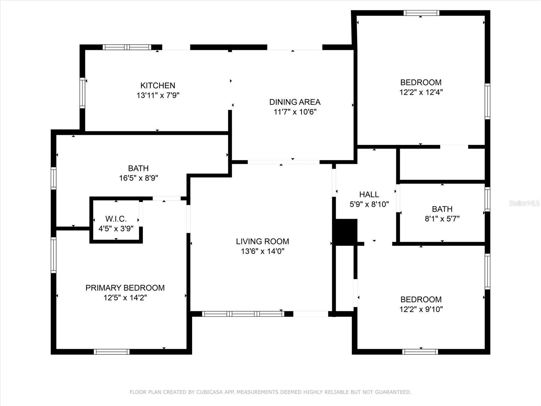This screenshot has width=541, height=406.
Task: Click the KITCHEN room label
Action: tap(158, 86)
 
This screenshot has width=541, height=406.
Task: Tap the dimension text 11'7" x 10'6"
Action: tap(295, 112)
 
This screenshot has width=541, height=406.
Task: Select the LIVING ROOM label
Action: tap(262, 242)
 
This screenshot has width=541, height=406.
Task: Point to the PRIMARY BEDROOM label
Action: tap(125, 288)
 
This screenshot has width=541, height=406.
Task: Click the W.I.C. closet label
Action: tap(116, 219)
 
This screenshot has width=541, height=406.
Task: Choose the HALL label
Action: tap(369, 195)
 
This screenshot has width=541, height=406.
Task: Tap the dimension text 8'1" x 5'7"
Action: tap(442, 219)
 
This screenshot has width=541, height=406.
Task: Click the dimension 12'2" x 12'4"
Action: tap(421, 92)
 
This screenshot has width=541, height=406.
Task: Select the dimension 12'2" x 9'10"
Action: tap(421, 309)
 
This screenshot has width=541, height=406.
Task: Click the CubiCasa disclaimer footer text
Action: tap(270, 392)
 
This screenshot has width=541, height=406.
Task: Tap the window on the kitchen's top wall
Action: tap(127, 47)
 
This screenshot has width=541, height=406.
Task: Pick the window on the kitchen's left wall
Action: tap(82, 93)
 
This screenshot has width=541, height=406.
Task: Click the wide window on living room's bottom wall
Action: tap(243, 314)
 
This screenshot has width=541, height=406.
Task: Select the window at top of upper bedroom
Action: tap(421, 13)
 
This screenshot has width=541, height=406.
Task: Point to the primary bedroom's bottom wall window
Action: tap(112, 352)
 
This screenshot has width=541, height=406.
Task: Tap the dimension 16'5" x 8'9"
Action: tap(138, 178)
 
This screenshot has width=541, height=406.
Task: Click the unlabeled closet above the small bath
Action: tap(442, 164)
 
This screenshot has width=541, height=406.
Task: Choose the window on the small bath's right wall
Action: tap(487, 199)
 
